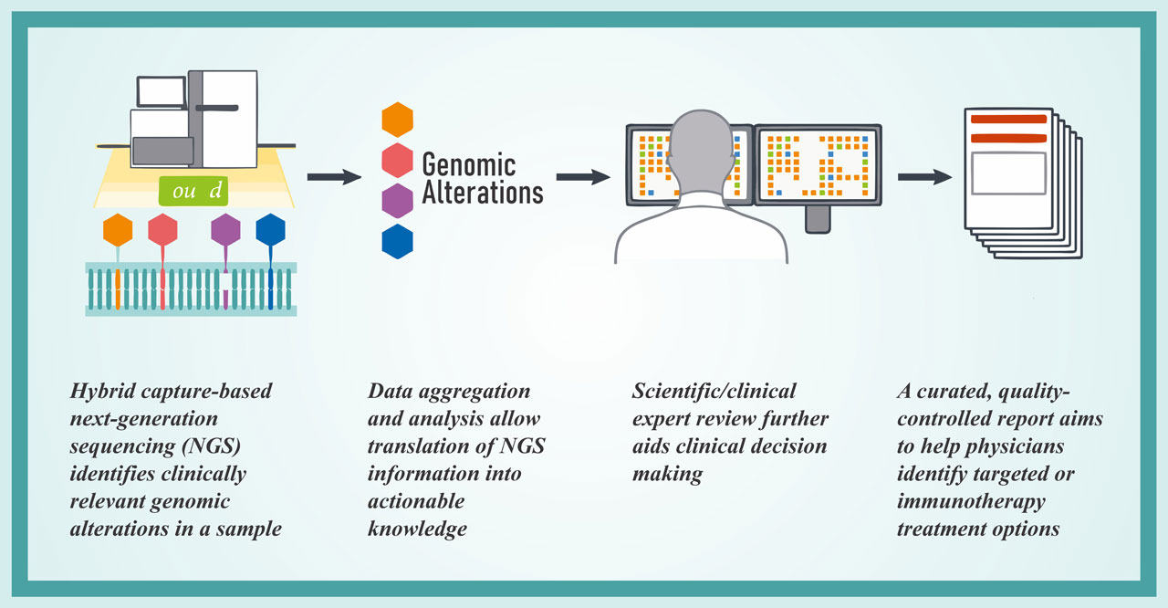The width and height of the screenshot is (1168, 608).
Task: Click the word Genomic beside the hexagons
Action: pyautogui.click(x=469, y=164)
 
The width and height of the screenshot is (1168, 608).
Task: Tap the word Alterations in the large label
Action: pyautogui.click(x=483, y=193)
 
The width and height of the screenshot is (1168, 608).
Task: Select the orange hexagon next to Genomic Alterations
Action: pyautogui.click(x=397, y=120)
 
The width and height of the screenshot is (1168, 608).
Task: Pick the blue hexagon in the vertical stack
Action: pyautogui.click(x=397, y=241)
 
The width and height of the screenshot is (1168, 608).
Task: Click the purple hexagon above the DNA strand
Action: pyautogui.click(x=225, y=229)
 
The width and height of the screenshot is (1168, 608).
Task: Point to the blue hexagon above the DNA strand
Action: pyautogui.click(x=271, y=229)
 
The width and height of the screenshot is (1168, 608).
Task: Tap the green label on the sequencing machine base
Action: pyautogui.click(x=193, y=190)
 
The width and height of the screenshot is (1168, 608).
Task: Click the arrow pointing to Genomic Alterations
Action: pyautogui.click(x=334, y=177)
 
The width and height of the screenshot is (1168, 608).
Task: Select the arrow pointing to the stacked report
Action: pyautogui.click(x=924, y=177)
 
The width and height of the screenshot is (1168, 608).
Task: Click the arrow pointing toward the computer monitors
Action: pyautogui.click(x=583, y=177)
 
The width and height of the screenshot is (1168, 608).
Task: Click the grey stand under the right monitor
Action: pyautogui.click(x=818, y=219)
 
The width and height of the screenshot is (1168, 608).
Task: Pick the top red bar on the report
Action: pyautogui.click(x=1008, y=119)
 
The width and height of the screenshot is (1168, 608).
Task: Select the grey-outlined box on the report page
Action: pyautogui.click(x=1008, y=173)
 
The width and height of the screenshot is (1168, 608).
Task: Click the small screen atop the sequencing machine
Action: pyautogui.click(x=162, y=92)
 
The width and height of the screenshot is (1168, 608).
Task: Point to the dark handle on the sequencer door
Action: pyautogui.click(x=217, y=108)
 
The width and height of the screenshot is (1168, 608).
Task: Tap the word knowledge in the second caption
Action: pyautogui.click(x=417, y=529)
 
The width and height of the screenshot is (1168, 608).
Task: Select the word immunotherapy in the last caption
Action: pyautogui.click(x=971, y=501)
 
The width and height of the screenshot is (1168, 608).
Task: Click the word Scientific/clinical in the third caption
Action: pyautogui.click(x=714, y=391)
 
